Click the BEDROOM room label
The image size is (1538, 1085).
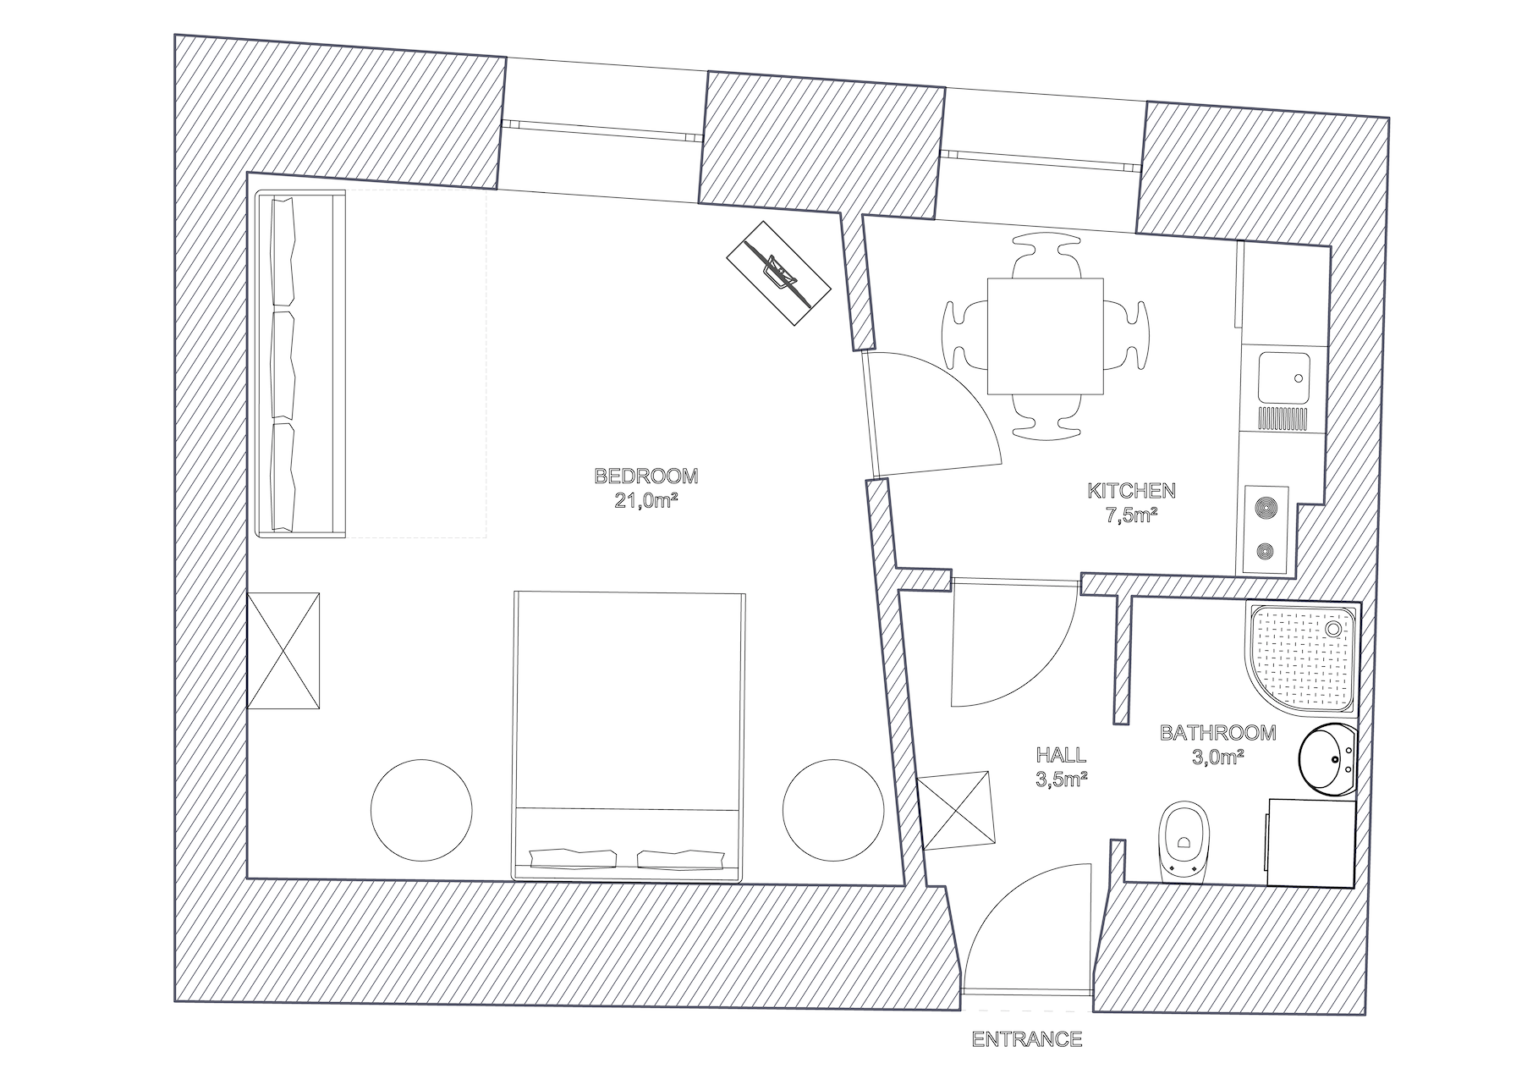pos(647,476)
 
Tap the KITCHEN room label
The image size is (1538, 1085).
pos(1131,490)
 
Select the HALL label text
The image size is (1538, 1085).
pos(1061,755)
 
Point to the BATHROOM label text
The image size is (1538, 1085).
pos(1217,733)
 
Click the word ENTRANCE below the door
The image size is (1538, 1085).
pos(1027,1039)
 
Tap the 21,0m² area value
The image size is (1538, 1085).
pos(647,500)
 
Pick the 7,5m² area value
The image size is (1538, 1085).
pos(1131,515)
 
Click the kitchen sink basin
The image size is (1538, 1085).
pos(1283,378)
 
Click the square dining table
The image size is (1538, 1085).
pos(1046,336)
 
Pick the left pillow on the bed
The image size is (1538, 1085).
pos(572,856)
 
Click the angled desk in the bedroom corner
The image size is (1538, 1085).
pos(778,273)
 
